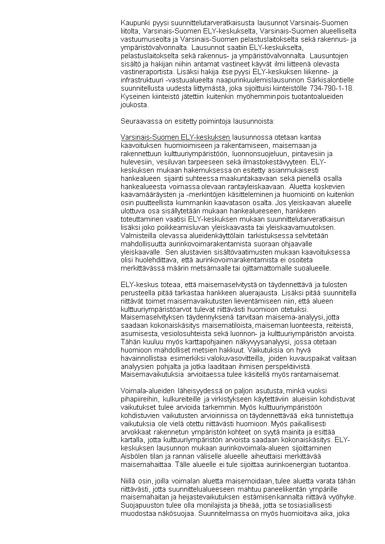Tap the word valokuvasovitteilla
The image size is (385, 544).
point(226,358)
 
